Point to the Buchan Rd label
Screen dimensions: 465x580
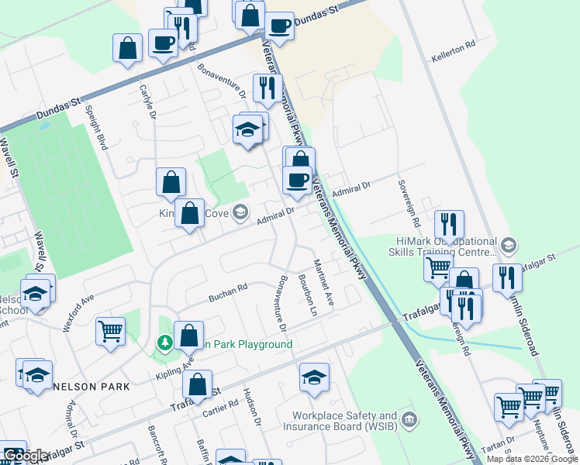tap(227, 292)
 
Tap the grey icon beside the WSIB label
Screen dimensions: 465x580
tap(411, 421)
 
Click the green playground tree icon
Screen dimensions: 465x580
tap(164, 343)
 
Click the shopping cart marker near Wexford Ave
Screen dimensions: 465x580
tap(110, 332)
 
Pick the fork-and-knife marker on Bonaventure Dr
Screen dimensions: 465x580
tap(267, 90)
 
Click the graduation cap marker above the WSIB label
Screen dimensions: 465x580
tap(313, 377)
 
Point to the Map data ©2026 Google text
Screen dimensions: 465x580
tap(532, 459)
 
